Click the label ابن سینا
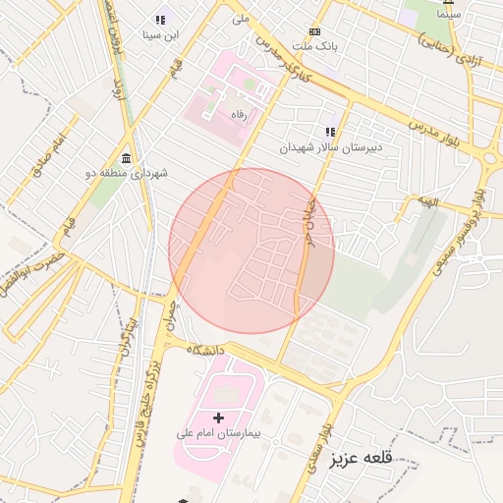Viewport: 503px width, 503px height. coord(160,35)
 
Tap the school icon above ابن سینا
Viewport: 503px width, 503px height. coord(160,20)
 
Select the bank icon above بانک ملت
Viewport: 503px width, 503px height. coord(314,31)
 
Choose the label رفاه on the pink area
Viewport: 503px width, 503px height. coord(237,115)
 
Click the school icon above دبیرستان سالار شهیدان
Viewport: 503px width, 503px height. coord(331,132)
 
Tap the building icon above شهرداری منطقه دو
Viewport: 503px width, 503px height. coord(126,158)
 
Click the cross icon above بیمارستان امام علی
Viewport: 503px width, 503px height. coord(218,418)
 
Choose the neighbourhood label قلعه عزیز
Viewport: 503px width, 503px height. coord(361,458)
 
